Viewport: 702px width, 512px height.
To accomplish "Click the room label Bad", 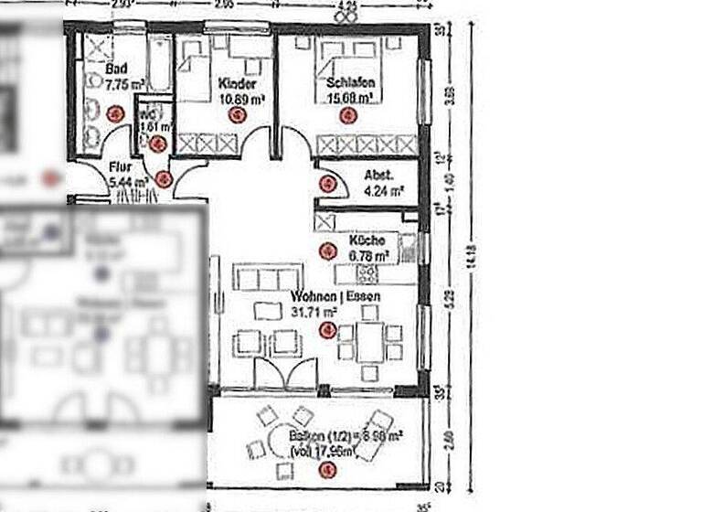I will [x=116, y=69].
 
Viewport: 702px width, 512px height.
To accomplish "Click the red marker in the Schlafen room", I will [x=346, y=115].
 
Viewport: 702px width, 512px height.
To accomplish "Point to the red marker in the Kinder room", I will [x=237, y=114].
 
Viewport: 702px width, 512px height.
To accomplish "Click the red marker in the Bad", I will [x=115, y=113].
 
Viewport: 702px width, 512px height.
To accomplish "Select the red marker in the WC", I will [x=157, y=143].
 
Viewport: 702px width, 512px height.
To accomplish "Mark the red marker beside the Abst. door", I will [x=326, y=184].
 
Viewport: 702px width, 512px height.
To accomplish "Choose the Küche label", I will [x=367, y=240].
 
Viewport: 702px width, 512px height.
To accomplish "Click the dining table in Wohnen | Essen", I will [x=368, y=344].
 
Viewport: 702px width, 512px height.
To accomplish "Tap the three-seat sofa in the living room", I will [x=268, y=277].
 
